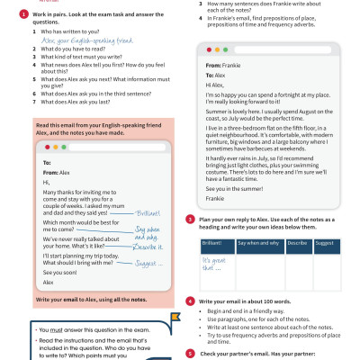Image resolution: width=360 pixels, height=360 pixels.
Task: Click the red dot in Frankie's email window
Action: tap(209, 51)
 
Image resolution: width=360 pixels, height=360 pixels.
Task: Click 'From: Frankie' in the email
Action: tap(222, 66)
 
